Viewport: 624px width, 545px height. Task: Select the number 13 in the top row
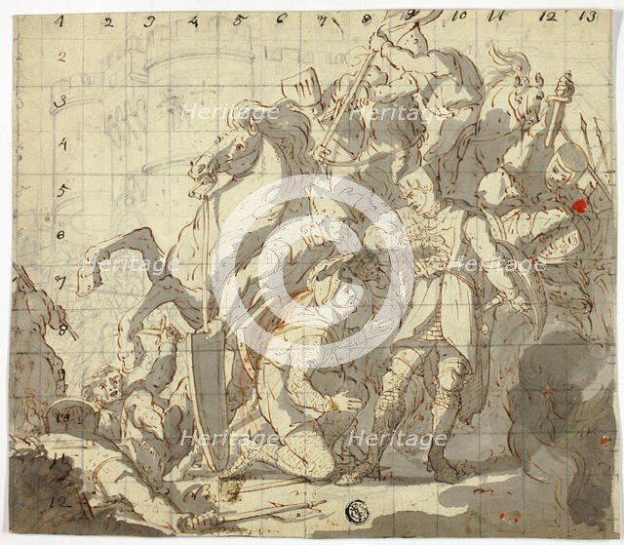[587, 16]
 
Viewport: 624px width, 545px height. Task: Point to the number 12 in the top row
[547, 17]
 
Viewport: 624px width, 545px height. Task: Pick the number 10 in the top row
[459, 16]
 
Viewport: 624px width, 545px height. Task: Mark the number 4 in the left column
[61, 145]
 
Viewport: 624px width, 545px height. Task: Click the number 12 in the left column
[61, 502]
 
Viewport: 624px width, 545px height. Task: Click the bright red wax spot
[576, 206]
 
